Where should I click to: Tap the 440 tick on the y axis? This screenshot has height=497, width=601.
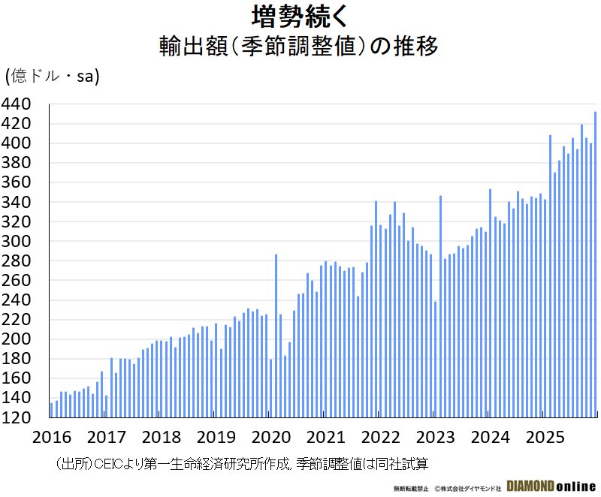(x=17, y=104)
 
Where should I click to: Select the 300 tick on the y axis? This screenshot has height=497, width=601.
(x=17, y=242)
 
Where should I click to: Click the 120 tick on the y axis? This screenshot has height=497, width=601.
(x=17, y=418)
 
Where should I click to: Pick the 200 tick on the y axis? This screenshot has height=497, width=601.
(x=17, y=339)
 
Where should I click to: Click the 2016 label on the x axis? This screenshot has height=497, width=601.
(x=52, y=438)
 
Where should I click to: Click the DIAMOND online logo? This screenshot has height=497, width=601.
(x=551, y=486)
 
